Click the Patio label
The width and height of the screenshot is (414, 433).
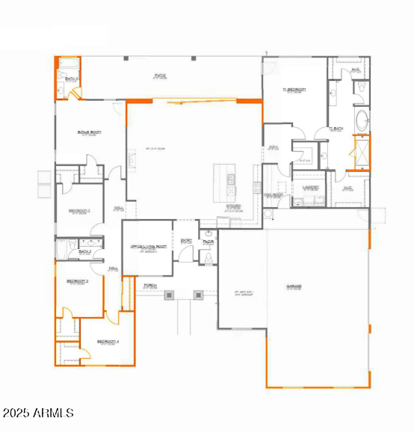coord(159,76)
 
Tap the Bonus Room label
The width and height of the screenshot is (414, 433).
coord(89,133)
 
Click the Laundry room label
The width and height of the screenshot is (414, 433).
coord(311,188)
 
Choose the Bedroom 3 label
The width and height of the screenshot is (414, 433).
coord(78,281)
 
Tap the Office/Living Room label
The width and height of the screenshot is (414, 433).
coord(147,247)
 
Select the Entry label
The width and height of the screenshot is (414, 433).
coord(186,240)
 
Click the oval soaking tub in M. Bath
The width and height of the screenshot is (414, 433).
coord(362,120)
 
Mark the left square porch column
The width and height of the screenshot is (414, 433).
coord(170,295)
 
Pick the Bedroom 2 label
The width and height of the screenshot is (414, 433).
coord(78,211)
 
